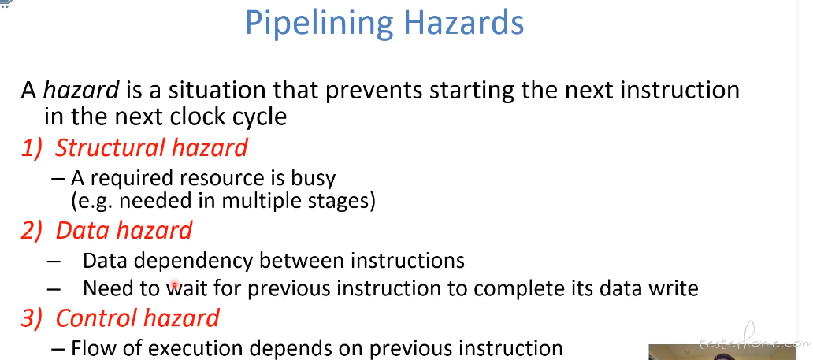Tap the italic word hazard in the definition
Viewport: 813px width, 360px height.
pyautogui.click(x=81, y=91)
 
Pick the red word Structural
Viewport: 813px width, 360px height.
pyautogui.click(x=110, y=147)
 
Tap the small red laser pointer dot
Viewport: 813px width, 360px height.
pyautogui.click(x=175, y=284)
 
